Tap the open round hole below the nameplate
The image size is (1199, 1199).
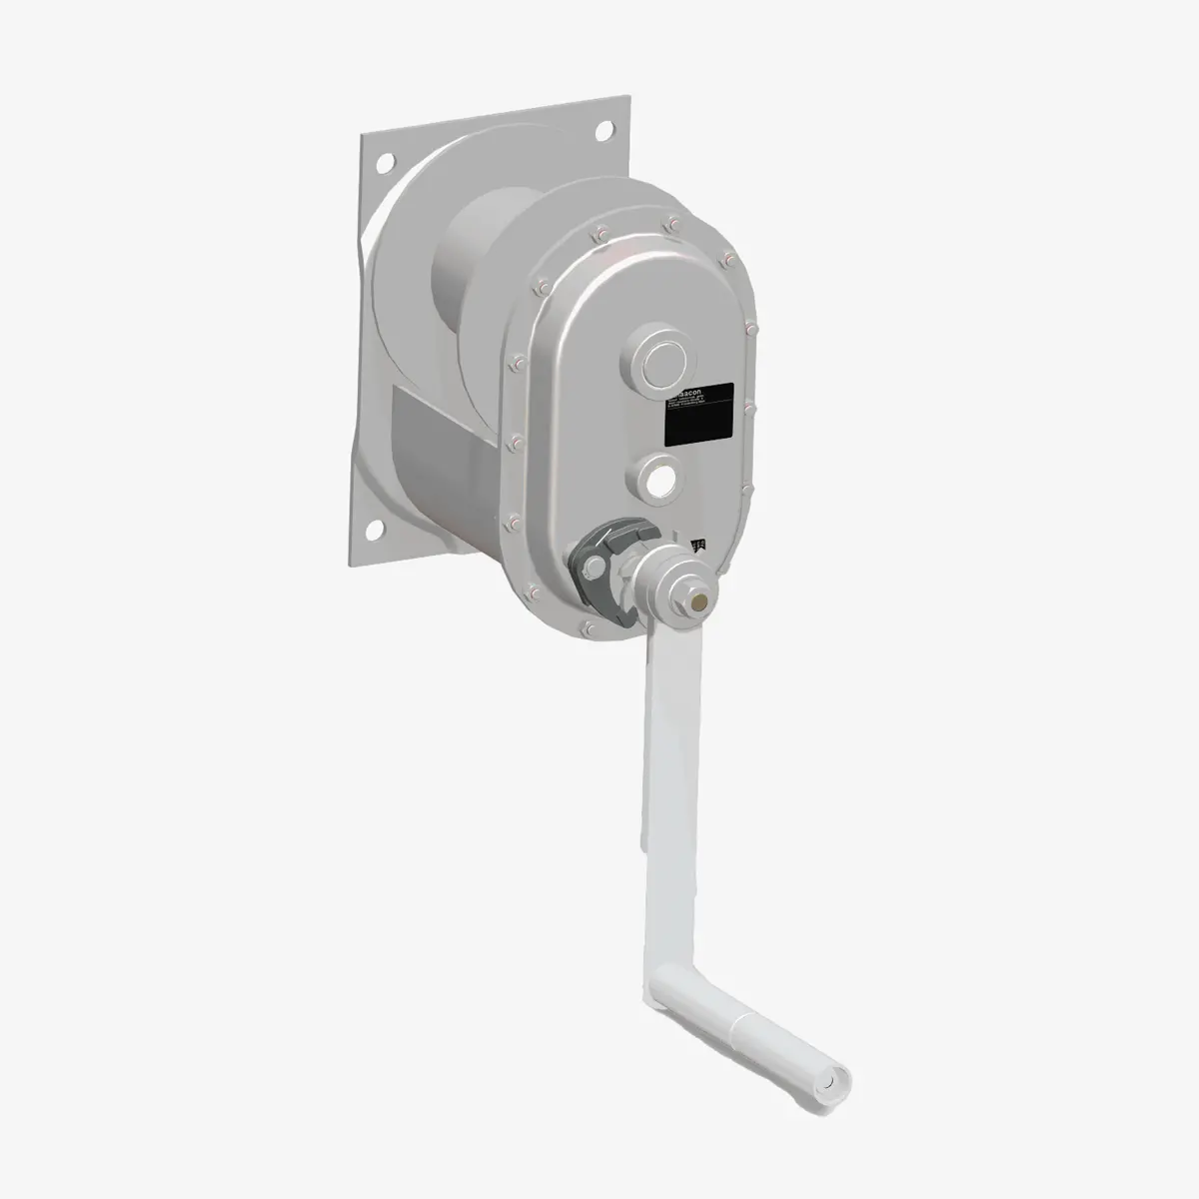click(659, 479)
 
